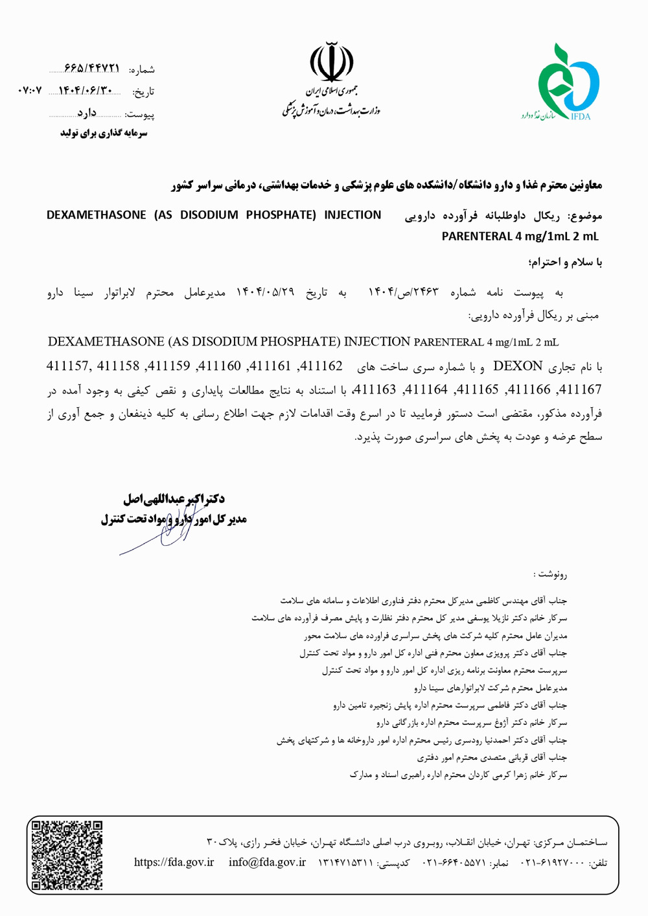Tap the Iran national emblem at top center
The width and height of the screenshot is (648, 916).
point(331,62)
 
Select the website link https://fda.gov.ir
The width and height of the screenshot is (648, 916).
point(174,862)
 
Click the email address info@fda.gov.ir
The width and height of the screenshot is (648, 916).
point(267,862)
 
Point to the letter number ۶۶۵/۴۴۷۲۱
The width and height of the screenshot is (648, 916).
point(92,68)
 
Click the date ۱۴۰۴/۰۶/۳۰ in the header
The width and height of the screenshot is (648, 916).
point(86,91)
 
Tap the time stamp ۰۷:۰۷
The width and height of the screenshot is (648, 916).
point(29,91)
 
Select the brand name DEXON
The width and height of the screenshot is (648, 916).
point(518,366)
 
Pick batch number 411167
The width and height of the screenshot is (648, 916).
point(579,390)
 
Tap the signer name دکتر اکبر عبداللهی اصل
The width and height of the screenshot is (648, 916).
point(174,499)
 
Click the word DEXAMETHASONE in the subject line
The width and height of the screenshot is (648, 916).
point(96,215)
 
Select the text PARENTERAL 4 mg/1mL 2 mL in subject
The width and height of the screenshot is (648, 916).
point(520,237)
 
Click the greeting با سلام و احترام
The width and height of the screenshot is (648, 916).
point(565,263)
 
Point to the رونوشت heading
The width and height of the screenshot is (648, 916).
point(551,574)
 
